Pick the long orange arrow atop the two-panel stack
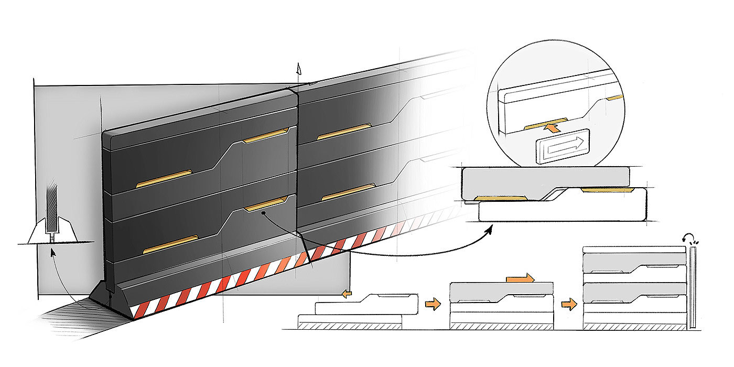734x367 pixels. [521, 278]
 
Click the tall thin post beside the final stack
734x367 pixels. [694, 288]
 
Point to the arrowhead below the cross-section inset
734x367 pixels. [51, 252]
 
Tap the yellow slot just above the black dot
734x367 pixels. [265, 203]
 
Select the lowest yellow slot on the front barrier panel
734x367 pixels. [171, 244]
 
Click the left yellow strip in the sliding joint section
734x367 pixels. [500, 198]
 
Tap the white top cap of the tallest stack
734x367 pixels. [635, 249]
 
